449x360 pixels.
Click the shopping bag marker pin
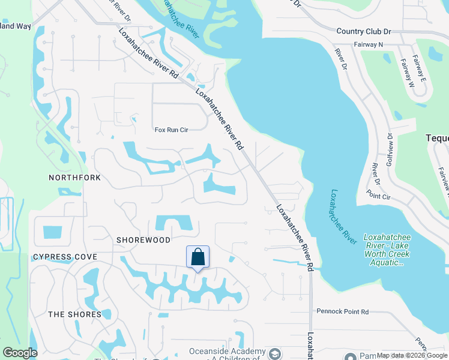197,258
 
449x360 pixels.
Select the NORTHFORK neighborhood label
76,178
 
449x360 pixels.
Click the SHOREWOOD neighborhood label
144,240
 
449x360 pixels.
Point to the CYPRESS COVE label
65,257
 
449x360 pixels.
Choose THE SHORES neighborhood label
74,314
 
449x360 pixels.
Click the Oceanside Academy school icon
276,353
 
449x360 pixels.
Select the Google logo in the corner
20,353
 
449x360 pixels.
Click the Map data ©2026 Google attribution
412,356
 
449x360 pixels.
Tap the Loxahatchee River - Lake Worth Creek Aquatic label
387,250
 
